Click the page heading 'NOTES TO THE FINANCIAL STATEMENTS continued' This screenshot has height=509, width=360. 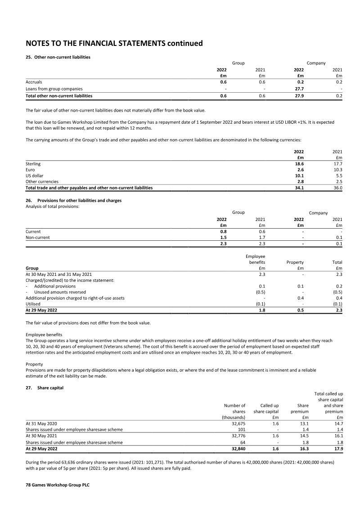(114, 43)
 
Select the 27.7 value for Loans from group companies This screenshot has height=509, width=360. (297, 89)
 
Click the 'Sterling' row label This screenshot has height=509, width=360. (33, 164)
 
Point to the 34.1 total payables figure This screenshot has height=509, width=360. (297, 188)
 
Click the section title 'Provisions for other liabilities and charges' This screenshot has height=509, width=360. (80, 200)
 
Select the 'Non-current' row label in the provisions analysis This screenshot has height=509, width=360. (38, 238)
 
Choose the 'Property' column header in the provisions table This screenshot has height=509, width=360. (295, 262)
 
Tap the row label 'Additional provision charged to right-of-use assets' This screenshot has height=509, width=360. (75, 298)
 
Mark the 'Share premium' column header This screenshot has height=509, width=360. (300, 409)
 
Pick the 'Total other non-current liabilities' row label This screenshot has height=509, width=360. (59, 96)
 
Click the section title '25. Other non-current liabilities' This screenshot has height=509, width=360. (58, 57)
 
